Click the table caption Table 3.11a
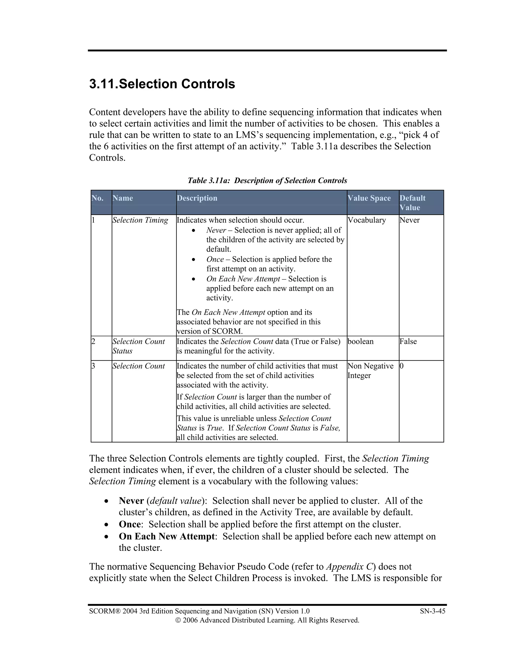(x=267, y=181)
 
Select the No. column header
(x=98, y=198)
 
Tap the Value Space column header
(x=369, y=198)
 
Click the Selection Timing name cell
(x=140, y=220)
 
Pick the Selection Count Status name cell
(x=139, y=346)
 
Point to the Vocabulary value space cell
(x=366, y=220)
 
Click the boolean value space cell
(x=361, y=341)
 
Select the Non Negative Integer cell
(x=370, y=371)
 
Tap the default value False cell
(x=408, y=341)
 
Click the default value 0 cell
(x=402, y=366)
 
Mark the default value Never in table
(x=409, y=220)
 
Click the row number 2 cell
(x=93, y=341)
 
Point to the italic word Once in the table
(x=215, y=259)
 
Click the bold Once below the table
(x=129, y=524)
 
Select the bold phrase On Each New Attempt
(x=166, y=536)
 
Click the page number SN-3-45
(x=432, y=611)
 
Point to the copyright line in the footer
(x=267, y=620)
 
